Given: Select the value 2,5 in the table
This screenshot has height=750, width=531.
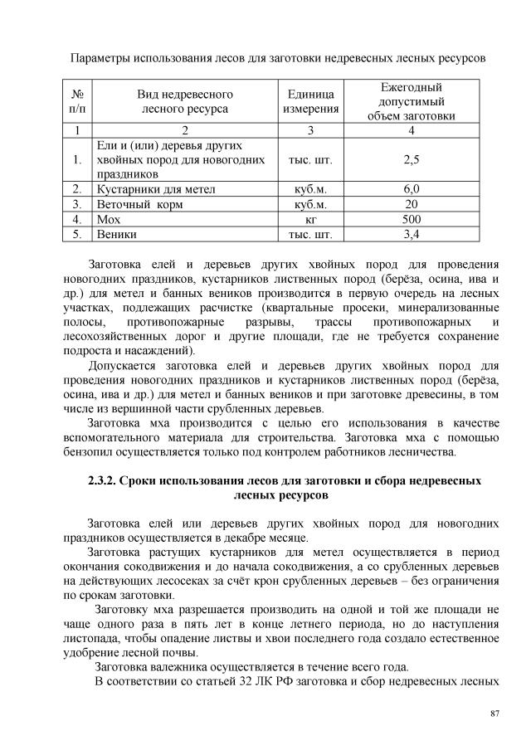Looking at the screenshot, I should click(x=411, y=160).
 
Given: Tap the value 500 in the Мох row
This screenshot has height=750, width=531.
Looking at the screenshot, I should click(x=411, y=218).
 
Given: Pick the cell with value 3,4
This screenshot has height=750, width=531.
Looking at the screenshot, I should click(x=411, y=233).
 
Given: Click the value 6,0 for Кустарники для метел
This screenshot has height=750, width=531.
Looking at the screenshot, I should click(x=411, y=189).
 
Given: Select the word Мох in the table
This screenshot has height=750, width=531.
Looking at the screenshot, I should click(x=110, y=219).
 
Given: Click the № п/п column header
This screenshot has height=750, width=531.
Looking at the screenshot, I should click(x=77, y=101).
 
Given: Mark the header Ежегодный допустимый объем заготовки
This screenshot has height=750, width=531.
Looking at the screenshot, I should click(x=411, y=101).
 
